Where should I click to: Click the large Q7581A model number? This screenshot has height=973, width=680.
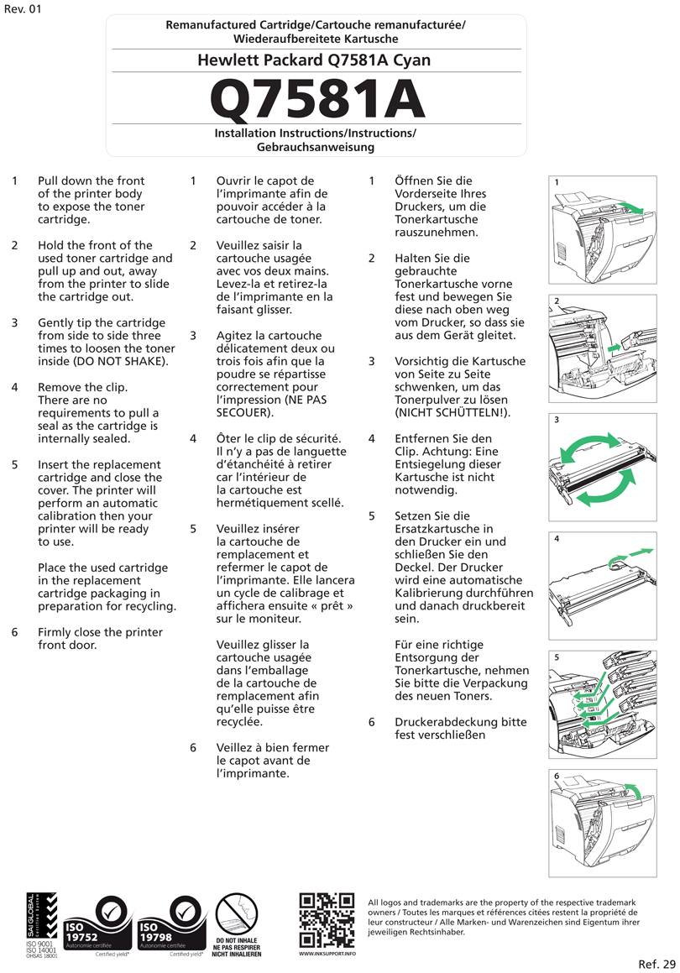click(316, 99)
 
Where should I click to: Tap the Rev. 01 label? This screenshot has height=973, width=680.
click(22, 9)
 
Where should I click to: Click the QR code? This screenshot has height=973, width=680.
click(327, 919)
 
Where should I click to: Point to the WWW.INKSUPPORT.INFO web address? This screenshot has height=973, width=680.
click(327, 955)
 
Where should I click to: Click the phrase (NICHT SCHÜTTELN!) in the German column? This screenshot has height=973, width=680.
click(452, 413)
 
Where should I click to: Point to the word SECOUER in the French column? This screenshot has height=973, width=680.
click(243, 413)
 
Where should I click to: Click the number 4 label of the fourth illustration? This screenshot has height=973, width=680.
click(557, 539)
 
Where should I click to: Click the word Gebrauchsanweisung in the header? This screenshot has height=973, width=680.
click(316, 147)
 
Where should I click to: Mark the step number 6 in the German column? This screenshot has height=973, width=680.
click(372, 722)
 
